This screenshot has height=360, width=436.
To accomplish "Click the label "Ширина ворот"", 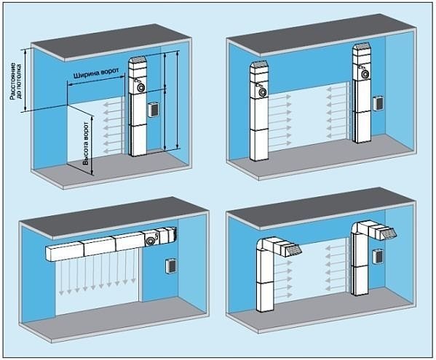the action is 96,73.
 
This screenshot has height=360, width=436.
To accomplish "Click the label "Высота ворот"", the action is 86,144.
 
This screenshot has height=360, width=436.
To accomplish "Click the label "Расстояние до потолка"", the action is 15,81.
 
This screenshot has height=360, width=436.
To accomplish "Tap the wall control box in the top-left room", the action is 154,110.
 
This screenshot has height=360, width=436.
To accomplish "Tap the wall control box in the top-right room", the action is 378,103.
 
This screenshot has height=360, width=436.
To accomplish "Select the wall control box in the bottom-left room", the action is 170,266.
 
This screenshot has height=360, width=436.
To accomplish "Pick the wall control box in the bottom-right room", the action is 378,257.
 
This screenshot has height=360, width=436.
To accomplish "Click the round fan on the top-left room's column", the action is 140,87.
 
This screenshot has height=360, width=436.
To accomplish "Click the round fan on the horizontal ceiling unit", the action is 151,241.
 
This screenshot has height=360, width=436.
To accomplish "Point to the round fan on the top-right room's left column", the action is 262,92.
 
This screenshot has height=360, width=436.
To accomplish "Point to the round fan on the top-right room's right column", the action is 365,74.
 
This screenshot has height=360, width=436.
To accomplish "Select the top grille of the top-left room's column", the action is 138,60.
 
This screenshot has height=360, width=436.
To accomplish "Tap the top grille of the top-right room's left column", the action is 259,64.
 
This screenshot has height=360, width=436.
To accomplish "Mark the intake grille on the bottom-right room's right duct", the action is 389,233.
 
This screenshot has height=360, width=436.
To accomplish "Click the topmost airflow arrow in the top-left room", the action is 112,105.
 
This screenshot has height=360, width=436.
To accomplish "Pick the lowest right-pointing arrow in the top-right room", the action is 281,143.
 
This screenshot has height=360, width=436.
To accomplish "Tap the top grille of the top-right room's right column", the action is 361,46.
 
